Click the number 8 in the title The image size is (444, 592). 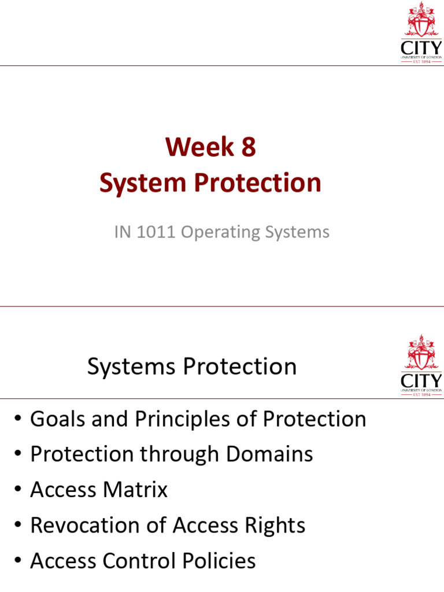(249, 146)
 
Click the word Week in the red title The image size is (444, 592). (199, 146)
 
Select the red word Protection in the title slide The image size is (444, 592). (257, 183)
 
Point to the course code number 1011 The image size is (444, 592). (156, 232)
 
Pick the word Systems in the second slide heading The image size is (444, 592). (131, 367)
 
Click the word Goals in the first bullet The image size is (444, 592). (57, 419)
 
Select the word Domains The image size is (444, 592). (269, 454)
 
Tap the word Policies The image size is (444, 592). (219, 561)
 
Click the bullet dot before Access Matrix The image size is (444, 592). (18, 489)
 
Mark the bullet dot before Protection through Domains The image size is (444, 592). (18, 454)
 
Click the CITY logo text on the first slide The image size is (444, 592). (421, 49)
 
